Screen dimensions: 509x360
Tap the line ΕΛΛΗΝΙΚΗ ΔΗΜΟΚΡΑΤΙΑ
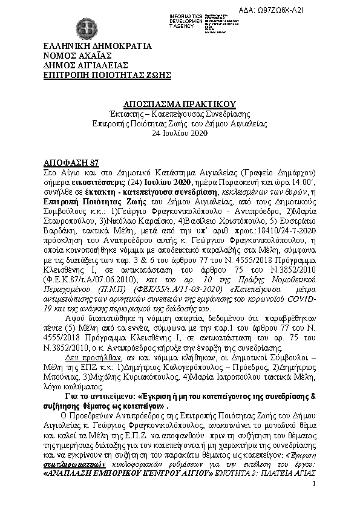click(x=97, y=47)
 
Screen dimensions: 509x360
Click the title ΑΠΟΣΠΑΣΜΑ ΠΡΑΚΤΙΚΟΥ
click(x=179, y=104)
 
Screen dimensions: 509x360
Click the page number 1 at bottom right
click(x=315, y=485)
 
